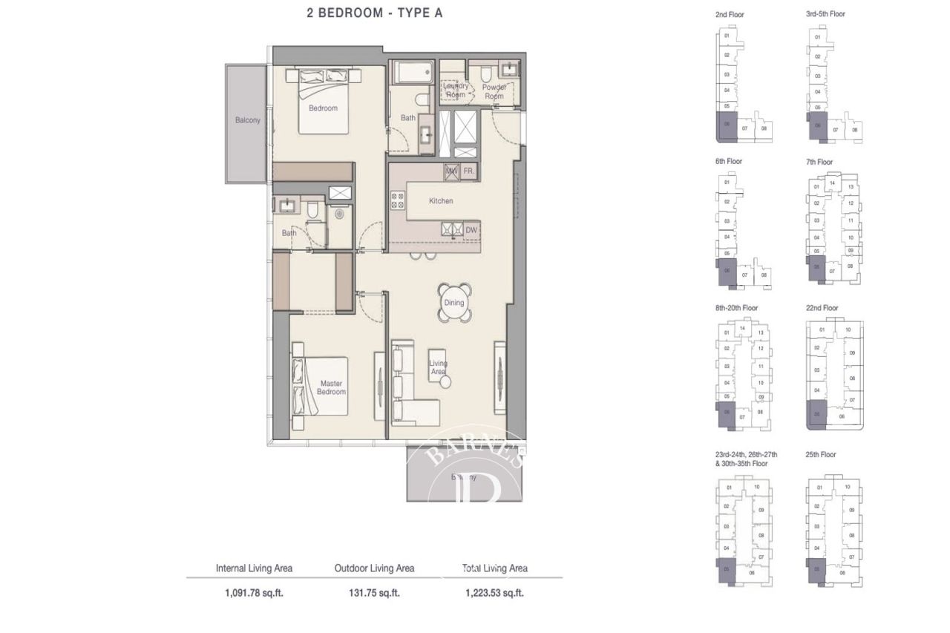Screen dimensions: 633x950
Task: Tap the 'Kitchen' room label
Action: point(440,201)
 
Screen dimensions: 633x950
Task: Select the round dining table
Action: point(453,303)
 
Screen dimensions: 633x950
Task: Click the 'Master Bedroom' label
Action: point(332,387)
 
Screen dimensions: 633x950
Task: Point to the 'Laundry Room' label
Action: point(455,91)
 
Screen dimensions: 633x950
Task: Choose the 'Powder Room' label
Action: point(494,91)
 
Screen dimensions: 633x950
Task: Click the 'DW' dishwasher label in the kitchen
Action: point(471,231)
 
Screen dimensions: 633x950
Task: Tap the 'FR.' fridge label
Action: point(468,171)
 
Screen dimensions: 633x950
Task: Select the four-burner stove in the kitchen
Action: point(397,200)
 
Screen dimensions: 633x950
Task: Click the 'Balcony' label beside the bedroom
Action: point(247,120)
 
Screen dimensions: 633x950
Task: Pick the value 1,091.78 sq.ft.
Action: point(254,593)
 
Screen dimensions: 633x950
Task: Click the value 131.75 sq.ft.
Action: point(374,593)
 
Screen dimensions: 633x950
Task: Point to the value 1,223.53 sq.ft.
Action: point(494,593)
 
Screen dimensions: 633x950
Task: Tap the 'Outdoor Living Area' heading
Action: point(374,568)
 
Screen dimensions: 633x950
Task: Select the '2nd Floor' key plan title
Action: point(729,14)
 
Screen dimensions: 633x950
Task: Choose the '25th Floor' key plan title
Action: point(821,454)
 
